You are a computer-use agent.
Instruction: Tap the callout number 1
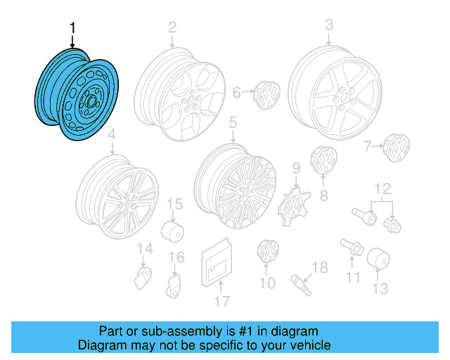pos(72,28)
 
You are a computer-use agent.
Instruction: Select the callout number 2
pos(172,28)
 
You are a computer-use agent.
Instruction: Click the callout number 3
pos(328,26)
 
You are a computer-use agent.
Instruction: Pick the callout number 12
pos(381,188)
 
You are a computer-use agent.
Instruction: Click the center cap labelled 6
pos(267,94)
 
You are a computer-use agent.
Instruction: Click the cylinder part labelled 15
pos(172,231)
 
